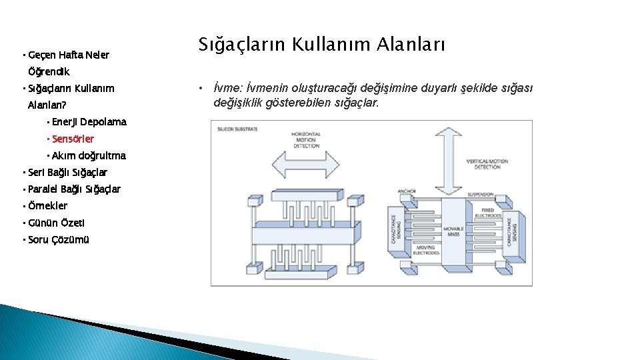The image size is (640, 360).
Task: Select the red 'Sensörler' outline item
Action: pos(73,139)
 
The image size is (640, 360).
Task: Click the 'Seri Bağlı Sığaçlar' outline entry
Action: pos(67,173)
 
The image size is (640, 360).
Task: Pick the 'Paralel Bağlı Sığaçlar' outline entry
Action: pos(74,189)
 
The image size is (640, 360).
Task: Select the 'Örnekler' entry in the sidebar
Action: pos(48,206)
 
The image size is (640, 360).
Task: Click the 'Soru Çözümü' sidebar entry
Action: pos(59,240)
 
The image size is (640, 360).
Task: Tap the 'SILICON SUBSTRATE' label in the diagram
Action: pos(238,128)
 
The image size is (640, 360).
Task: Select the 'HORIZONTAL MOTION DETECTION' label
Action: pos(306,139)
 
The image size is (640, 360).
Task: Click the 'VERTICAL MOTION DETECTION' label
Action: pos(487,164)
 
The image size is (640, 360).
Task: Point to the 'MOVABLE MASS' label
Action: pos(453,231)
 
